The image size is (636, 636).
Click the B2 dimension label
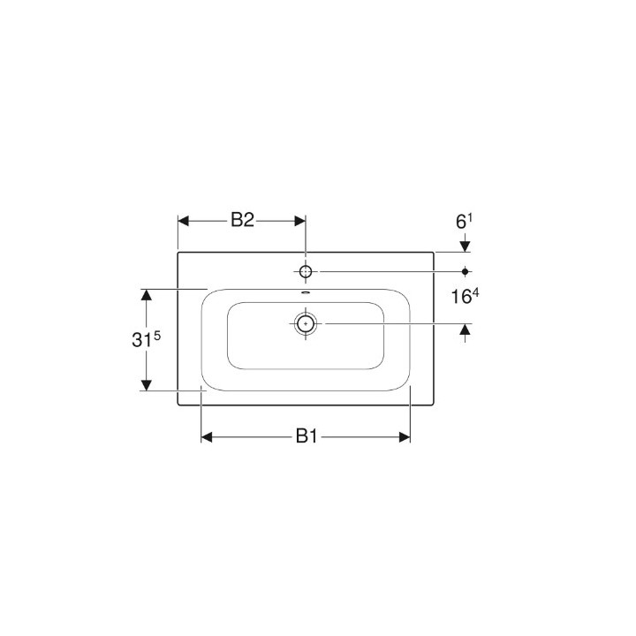click(243, 221)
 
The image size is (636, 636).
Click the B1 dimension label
click(306, 435)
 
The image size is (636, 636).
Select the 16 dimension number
click(462, 298)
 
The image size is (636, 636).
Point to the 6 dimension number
click(460, 222)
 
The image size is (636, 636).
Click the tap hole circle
click(305, 270)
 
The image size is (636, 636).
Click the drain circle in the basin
click(306, 323)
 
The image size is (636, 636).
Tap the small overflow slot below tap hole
click(306, 292)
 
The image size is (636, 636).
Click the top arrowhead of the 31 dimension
click(148, 294)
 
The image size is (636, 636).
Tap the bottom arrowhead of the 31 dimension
click(148, 385)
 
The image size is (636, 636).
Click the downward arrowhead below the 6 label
click(466, 246)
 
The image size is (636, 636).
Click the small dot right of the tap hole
click(466, 270)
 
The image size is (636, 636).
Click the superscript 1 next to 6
click(471, 216)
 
